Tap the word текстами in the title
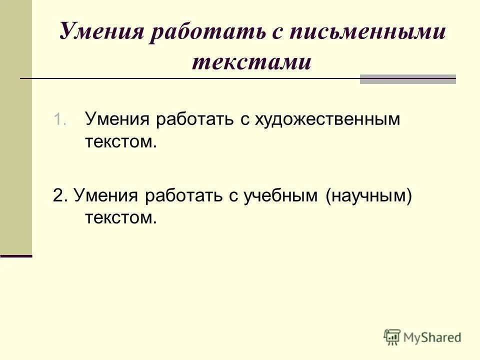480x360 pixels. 251,62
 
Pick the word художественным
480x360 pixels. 328,120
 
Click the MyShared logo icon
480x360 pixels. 392,337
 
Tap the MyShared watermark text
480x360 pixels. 433,338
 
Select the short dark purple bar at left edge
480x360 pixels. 15,256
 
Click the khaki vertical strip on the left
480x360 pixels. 15,125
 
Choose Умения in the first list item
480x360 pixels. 117,120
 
